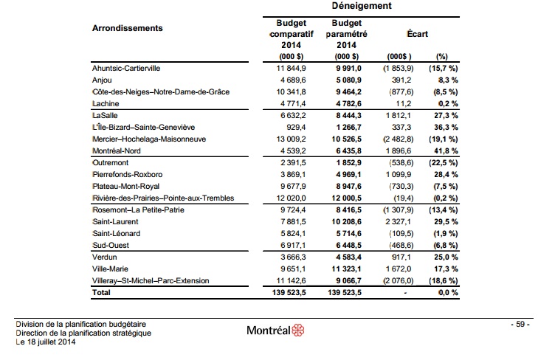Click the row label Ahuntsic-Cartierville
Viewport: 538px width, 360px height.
pos(129,68)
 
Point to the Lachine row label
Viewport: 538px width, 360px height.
pos(105,104)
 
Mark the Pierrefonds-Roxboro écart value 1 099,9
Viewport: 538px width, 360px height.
pos(400,175)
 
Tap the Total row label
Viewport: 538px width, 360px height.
pos(102,293)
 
